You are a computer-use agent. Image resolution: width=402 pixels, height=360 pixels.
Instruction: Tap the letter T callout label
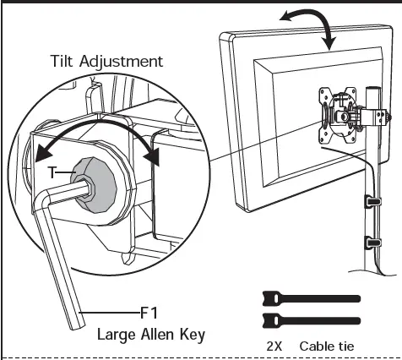tap(52, 171)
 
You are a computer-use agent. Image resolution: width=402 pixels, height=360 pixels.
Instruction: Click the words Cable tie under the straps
tap(326, 346)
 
